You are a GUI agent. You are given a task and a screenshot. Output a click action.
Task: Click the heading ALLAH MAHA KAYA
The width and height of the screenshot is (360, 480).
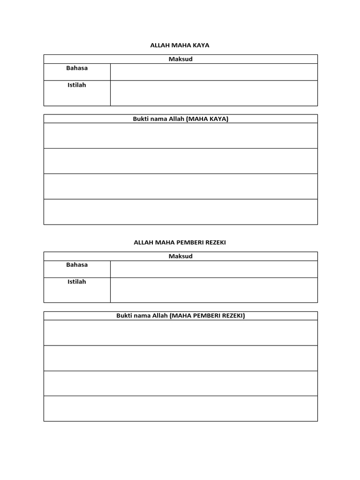[180, 45]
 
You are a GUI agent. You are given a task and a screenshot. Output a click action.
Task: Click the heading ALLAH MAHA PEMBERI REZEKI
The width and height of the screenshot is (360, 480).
[180, 242]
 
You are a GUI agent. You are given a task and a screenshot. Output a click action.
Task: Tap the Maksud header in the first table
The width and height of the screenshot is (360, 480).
[180, 59]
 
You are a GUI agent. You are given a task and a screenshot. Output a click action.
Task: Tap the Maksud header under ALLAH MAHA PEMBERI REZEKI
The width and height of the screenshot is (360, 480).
[180, 256]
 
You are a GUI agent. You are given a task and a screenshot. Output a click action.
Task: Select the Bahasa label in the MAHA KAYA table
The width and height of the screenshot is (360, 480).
[77, 68]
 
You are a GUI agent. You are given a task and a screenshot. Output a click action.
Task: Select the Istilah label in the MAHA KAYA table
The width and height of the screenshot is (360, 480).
[77, 85]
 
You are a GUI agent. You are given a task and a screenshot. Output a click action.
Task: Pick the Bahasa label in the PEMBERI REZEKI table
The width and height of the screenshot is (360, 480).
[77, 265]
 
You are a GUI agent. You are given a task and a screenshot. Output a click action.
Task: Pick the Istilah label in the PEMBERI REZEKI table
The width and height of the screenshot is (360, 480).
[77, 282]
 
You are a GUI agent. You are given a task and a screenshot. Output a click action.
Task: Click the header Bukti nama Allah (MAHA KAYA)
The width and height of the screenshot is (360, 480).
[180, 119]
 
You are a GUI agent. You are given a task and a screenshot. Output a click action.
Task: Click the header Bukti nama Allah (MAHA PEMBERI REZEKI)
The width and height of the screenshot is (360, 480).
[180, 315]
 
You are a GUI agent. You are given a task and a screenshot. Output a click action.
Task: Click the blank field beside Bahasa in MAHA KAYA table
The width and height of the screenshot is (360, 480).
[214, 72]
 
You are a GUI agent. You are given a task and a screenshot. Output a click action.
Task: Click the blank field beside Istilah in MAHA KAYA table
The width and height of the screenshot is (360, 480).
[214, 93]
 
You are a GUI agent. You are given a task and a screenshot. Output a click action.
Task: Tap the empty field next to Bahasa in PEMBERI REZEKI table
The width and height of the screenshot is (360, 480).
[214, 269]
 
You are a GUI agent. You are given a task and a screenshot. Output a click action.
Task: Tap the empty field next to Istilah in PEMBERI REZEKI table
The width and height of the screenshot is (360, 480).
[214, 290]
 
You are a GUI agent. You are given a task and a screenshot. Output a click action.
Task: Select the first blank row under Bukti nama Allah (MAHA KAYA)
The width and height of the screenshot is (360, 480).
[180, 136]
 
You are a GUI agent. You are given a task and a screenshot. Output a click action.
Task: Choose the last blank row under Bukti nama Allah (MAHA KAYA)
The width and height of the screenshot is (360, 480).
[180, 212]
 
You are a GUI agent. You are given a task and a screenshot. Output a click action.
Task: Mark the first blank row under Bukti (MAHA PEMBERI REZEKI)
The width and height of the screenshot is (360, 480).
[180, 333]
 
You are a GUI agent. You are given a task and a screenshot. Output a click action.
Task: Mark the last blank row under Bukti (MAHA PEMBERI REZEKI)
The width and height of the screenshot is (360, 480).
[180, 409]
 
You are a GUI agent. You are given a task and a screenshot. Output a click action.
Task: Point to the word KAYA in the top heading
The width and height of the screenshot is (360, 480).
[202, 45]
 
